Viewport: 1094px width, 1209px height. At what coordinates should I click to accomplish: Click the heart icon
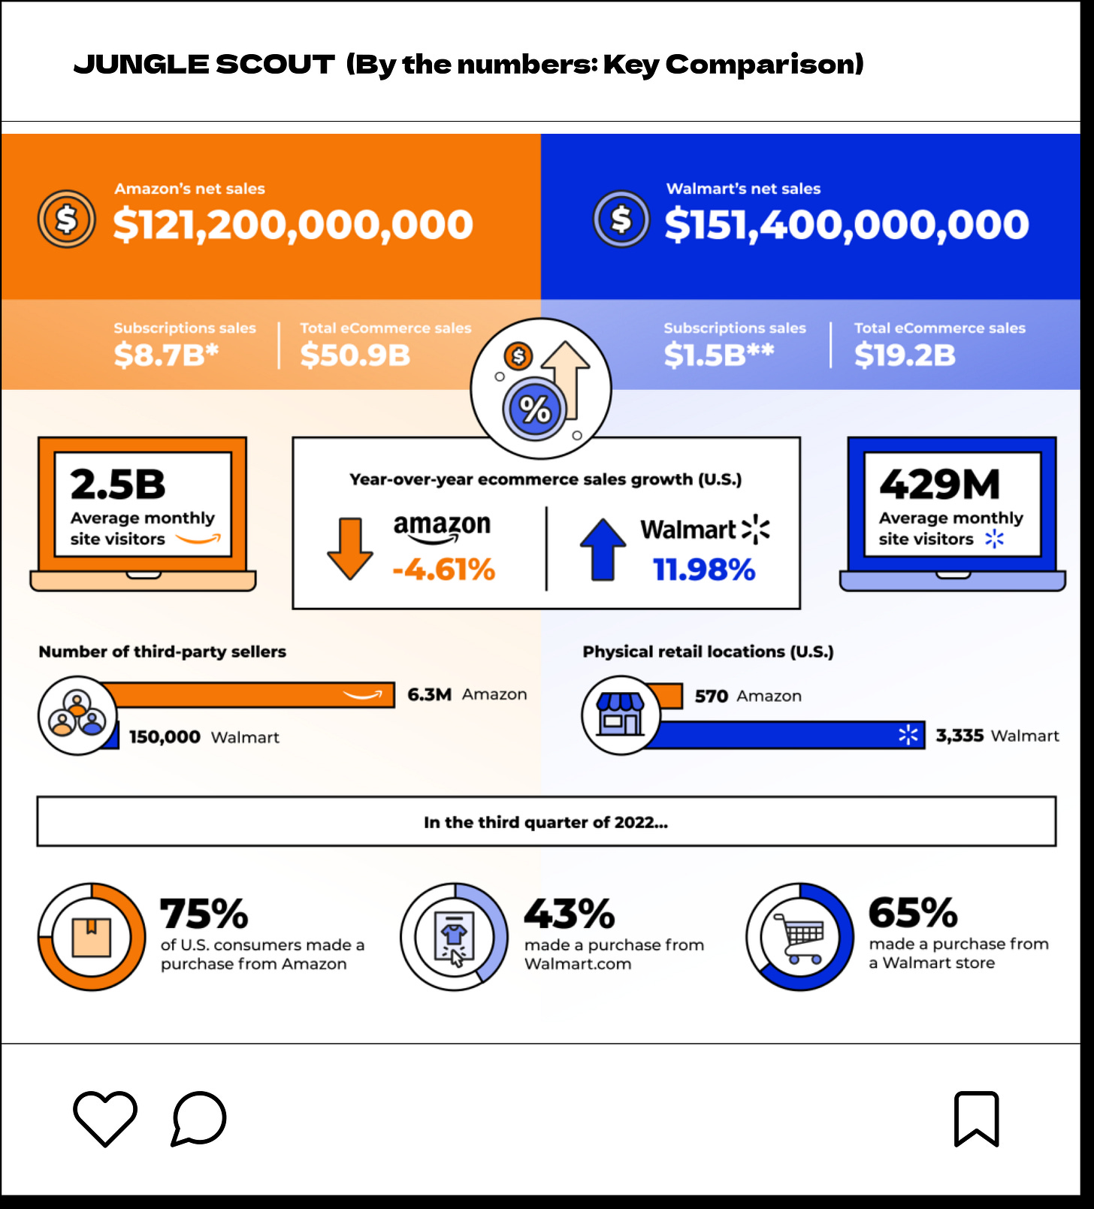(105, 1118)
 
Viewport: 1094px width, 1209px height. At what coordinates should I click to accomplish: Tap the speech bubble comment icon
(199, 1118)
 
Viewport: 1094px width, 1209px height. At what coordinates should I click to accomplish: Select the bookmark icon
(976, 1119)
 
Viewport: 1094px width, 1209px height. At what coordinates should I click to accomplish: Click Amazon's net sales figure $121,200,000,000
(293, 225)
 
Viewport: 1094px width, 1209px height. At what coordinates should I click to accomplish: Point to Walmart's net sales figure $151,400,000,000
(847, 225)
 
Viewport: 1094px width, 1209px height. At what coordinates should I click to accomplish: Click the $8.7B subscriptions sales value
(166, 355)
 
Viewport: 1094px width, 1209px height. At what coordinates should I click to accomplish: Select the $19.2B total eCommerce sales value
(905, 355)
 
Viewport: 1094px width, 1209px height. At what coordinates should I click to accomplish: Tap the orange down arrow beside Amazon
(350, 548)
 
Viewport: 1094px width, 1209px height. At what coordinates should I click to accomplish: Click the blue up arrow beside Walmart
(603, 549)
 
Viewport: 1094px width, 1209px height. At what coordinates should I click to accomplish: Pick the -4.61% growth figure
(443, 570)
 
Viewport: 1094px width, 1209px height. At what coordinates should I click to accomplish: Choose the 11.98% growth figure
(704, 570)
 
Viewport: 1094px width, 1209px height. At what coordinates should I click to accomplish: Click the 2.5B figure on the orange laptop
(118, 485)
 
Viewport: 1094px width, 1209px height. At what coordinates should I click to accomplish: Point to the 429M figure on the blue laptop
(939, 485)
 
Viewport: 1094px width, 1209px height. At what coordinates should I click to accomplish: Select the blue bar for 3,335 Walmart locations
(789, 735)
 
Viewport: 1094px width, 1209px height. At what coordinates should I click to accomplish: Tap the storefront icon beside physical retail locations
(620, 715)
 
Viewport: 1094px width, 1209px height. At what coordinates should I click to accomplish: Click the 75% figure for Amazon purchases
(204, 914)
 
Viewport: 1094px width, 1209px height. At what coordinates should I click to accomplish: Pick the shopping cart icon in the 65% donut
(800, 937)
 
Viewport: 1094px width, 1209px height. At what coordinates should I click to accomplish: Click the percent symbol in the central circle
(535, 410)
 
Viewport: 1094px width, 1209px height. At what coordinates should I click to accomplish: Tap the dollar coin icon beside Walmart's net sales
(621, 219)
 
